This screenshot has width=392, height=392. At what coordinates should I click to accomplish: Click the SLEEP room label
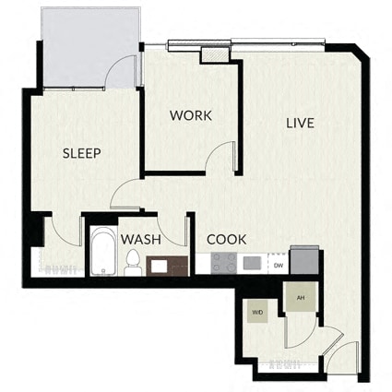(82, 153)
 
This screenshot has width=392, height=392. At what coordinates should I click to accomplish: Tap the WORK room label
(191, 115)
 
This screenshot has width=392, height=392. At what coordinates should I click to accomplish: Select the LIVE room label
(300, 123)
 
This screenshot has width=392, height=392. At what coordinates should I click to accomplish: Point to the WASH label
(141, 240)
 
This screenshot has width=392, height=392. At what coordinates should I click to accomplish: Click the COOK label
(227, 240)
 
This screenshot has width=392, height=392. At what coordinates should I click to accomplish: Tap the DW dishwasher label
(279, 266)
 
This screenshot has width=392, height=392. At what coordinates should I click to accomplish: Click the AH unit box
(301, 297)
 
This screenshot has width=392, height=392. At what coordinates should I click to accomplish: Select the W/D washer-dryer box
(257, 312)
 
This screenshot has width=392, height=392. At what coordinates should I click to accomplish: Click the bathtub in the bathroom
(103, 251)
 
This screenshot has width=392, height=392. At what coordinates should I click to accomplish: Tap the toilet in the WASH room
(133, 263)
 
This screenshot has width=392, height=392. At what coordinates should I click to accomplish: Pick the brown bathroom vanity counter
(167, 266)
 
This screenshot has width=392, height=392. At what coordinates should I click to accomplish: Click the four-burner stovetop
(224, 263)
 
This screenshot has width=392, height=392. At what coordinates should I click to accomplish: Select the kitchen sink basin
(252, 263)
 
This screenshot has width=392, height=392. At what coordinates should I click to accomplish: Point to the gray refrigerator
(304, 260)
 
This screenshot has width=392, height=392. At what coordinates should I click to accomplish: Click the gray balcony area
(89, 48)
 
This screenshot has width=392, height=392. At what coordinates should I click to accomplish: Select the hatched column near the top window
(215, 54)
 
